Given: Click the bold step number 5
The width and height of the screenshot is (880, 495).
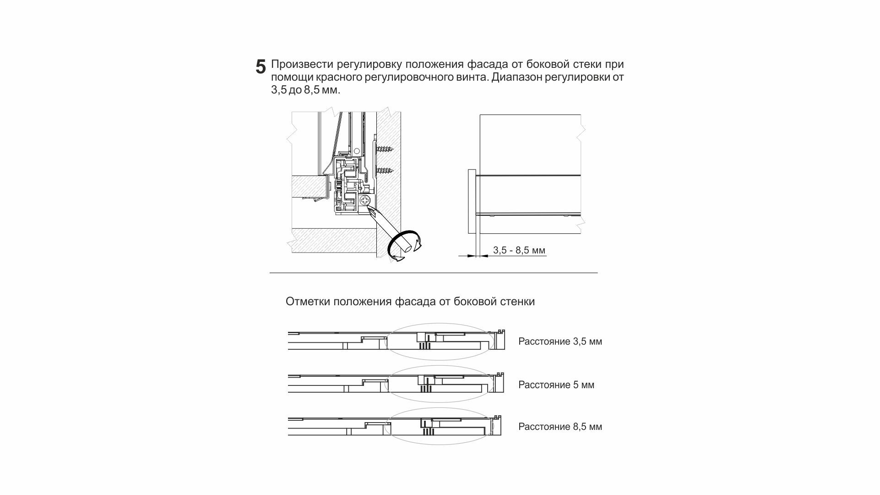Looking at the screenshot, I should (x=261, y=67).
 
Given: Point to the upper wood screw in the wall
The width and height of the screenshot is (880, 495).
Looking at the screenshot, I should (x=385, y=149).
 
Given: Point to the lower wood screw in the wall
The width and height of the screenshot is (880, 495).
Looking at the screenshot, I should (x=385, y=171).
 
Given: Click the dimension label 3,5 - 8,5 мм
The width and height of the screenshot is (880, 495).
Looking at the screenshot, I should (x=519, y=250).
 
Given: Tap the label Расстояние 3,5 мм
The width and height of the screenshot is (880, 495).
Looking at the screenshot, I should (x=560, y=341).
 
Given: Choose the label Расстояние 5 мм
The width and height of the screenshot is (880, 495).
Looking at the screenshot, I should (x=556, y=385).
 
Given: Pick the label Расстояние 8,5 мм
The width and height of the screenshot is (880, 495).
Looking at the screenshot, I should (x=560, y=427).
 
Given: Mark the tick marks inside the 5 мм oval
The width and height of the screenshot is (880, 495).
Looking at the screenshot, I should (x=426, y=389).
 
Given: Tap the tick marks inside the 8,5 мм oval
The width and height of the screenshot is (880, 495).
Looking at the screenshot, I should (x=428, y=431).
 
